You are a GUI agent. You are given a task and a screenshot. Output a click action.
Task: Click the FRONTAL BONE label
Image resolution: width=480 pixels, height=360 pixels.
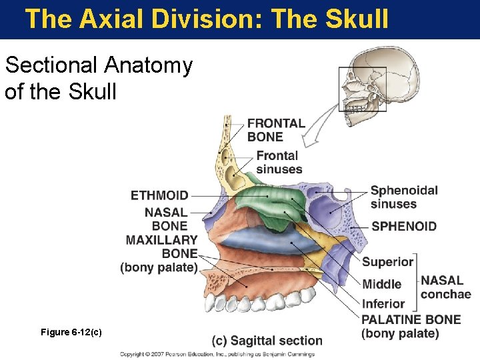tap(276, 130)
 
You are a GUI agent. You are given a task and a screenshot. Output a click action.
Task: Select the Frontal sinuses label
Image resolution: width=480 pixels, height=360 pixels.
tap(279, 163)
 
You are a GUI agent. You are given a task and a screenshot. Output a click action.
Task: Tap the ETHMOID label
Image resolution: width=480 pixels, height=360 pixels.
tap(159, 195)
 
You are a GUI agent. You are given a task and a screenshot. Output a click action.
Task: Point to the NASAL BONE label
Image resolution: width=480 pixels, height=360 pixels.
tap(166, 219)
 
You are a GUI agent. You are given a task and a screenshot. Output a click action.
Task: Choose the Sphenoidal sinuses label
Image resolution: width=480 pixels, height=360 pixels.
tap(403, 197)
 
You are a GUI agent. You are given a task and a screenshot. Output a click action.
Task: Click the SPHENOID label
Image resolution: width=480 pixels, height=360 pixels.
tap(404, 226)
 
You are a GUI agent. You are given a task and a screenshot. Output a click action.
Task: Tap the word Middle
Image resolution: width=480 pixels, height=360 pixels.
tap(381, 285)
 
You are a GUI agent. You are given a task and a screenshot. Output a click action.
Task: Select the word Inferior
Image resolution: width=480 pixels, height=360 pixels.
tap(383, 305)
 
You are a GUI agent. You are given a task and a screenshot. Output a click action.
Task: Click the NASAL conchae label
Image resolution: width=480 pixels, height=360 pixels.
tap(445, 287)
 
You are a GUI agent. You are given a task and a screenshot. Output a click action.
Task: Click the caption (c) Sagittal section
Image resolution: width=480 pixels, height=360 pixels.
tap(267, 341)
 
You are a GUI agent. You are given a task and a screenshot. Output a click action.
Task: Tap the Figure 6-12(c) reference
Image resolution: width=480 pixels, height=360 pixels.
tap(71, 331)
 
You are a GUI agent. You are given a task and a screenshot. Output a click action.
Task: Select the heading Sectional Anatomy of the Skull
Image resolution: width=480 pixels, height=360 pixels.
tap(99, 78)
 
